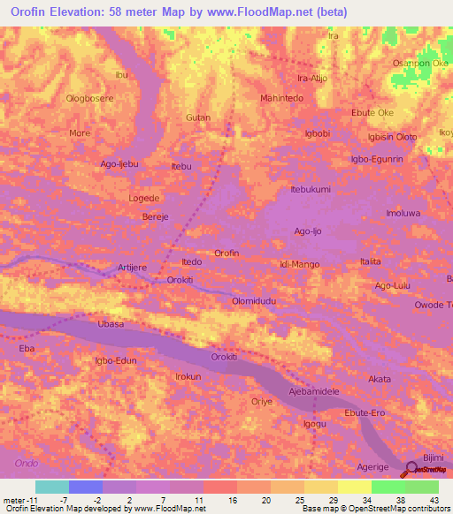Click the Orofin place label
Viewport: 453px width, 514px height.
(227, 253)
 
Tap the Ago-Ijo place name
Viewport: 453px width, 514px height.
(310, 231)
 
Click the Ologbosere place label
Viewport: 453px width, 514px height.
(89, 98)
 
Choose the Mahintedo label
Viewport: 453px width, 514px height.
(282, 98)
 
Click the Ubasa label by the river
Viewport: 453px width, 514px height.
(111, 324)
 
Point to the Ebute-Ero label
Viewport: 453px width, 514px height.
(366, 413)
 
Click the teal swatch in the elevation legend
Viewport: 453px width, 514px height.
(52, 487)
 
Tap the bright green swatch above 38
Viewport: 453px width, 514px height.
(388, 487)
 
